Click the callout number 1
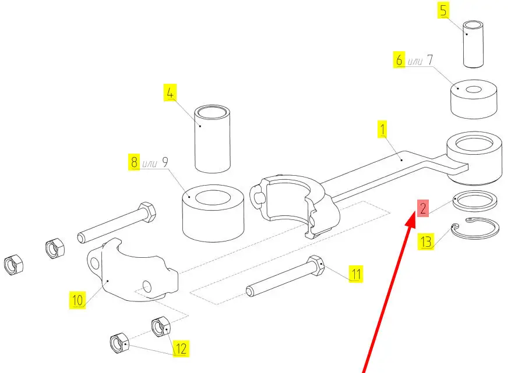(x=383, y=129)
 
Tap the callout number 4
(x=170, y=93)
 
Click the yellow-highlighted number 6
(x=399, y=60)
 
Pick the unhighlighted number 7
(x=429, y=59)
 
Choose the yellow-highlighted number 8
(x=133, y=162)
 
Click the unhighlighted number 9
(x=165, y=162)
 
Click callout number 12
(x=181, y=349)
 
